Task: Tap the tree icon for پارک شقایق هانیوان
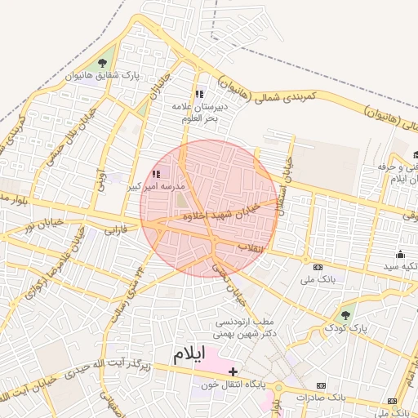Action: [102, 63]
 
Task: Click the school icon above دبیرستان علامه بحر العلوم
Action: [200, 94]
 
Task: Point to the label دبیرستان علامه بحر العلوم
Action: [197, 112]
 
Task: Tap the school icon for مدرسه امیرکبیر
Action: [156, 174]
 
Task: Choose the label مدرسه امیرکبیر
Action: [157, 187]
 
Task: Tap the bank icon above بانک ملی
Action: [318, 267]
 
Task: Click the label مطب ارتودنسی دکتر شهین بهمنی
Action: [242, 327]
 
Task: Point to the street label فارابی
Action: [115, 231]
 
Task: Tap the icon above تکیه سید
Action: [401, 254]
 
